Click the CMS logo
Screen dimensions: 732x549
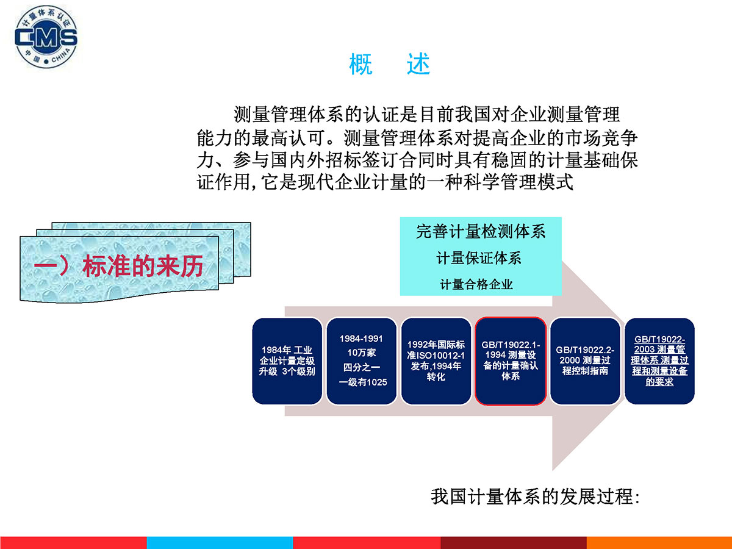[x=46, y=37]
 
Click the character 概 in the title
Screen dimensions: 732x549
[x=361, y=64]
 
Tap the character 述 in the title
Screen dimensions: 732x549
[x=418, y=64]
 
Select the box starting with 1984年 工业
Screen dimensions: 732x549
[x=287, y=361]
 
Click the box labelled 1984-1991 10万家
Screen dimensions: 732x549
[x=362, y=361]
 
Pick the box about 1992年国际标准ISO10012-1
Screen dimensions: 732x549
[x=436, y=361]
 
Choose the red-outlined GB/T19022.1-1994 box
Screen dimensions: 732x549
[x=511, y=361]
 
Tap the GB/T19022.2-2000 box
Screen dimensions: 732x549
[x=585, y=361]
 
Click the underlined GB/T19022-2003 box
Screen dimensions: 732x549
[x=659, y=361]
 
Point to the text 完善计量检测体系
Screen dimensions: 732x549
[x=481, y=232]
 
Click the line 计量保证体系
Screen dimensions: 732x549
[x=479, y=258]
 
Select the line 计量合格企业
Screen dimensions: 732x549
[x=476, y=284]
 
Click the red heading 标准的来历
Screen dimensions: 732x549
[x=143, y=266]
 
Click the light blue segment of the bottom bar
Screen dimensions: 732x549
[x=220, y=543]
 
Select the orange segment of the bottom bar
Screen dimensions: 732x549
[x=659, y=543]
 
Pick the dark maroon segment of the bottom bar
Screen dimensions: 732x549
[x=514, y=543]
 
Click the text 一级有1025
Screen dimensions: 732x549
[x=363, y=382]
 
